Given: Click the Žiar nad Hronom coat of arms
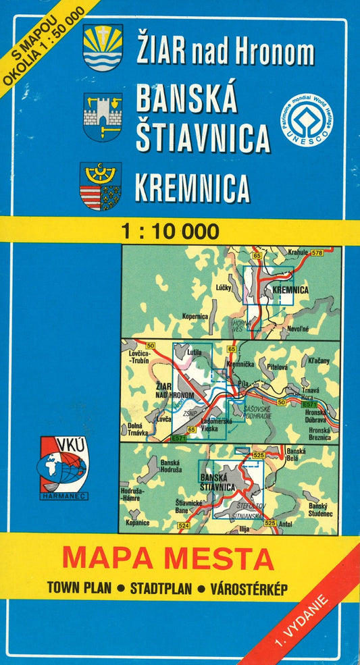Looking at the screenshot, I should [x=103, y=47].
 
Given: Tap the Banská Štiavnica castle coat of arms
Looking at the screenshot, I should [x=103, y=116].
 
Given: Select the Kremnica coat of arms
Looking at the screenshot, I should [x=101, y=186].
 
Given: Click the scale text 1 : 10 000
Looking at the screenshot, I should [x=171, y=232].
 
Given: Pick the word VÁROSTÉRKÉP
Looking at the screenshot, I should [x=249, y=589].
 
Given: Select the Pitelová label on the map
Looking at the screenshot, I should [x=278, y=367].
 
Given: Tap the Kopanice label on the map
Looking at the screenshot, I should [x=137, y=523].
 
